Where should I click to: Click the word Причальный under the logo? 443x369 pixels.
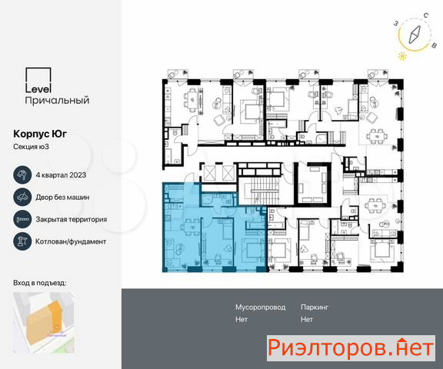(x=57, y=100)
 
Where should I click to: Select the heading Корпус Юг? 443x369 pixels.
(x=40, y=134)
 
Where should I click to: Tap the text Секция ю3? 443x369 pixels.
(x=31, y=147)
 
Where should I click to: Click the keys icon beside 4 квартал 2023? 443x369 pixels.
(x=22, y=175)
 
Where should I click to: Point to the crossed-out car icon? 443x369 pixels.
(x=22, y=197)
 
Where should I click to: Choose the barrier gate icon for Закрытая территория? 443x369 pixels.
(x=22, y=219)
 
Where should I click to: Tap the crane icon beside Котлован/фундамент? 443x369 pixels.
(x=22, y=241)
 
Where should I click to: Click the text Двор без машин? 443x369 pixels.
(x=62, y=197)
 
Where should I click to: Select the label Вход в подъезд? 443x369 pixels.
(x=40, y=283)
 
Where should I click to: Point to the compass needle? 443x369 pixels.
(x=415, y=35)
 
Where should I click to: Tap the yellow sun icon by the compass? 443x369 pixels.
(x=402, y=56)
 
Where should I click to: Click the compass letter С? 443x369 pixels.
(x=426, y=15)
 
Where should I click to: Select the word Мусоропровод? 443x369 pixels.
(x=260, y=307)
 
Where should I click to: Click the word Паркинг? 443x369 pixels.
(x=315, y=307)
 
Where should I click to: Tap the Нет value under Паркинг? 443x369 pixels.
(x=307, y=319)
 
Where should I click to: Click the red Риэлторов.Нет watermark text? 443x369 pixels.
(x=351, y=348)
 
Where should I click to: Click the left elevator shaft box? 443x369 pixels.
(x=210, y=173)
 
